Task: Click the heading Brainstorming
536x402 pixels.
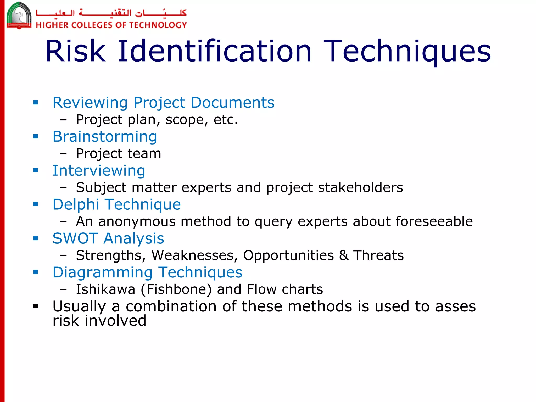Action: tap(105, 137)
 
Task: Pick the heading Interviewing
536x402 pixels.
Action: tap(99, 171)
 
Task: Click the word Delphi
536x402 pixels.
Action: tap(76, 204)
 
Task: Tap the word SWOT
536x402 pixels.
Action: tap(75, 238)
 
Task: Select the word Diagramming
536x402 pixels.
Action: tap(103, 272)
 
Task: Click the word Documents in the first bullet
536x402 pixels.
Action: tap(232, 103)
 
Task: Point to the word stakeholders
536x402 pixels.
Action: tap(360, 187)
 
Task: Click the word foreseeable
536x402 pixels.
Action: tap(434, 221)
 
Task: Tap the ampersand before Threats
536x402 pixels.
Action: tap(344, 255)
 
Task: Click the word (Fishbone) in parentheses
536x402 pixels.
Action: tap(176, 289)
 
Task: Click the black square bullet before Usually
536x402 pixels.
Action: tap(36, 306)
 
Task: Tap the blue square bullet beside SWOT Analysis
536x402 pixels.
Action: tap(36, 238)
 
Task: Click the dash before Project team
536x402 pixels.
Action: tap(63, 154)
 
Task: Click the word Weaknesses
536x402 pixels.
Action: tap(194, 255)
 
